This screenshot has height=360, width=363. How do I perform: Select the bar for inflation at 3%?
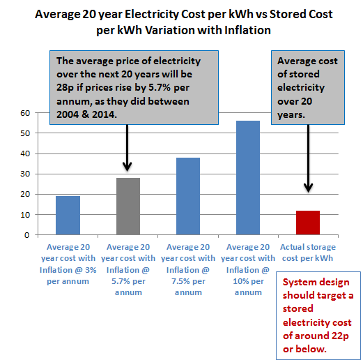click(68, 216)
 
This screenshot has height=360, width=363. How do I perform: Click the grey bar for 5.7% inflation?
click(128, 207)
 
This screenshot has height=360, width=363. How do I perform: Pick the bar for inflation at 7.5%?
click(188, 196)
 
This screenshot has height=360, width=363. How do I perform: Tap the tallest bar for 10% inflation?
click(247, 178)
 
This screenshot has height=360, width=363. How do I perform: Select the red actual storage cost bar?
click(307, 223)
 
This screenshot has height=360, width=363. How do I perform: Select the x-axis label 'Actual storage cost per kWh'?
click(307, 252)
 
